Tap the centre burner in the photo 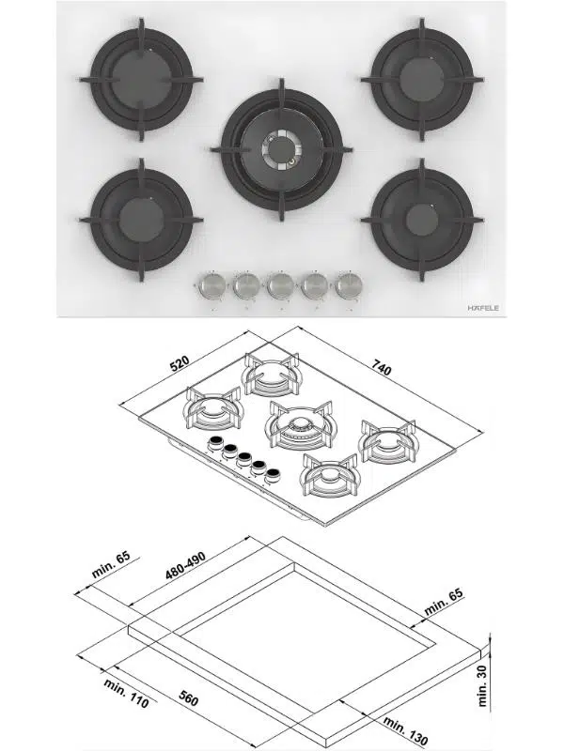(x=280, y=149)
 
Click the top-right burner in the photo (x=419, y=78)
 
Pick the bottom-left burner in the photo (x=141, y=219)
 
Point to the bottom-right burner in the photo (x=420, y=219)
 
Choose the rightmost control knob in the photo (x=349, y=284)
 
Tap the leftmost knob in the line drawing (x=215, y=445)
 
